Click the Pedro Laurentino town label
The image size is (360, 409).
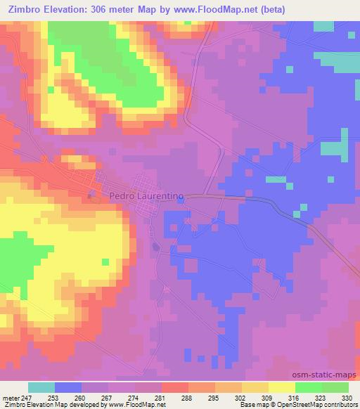(x=146, y=197)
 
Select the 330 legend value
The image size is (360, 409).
(x=346, y=397)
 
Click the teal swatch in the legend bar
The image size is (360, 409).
(x=41, y=387)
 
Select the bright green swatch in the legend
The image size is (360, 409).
(x=309, y=387)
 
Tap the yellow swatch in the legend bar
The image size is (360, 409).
(x=282, y=387)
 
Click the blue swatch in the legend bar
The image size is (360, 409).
(x=68, y=387)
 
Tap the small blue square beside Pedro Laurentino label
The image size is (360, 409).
(x=181, y=200)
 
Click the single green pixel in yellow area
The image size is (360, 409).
(x=105, y=263)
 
